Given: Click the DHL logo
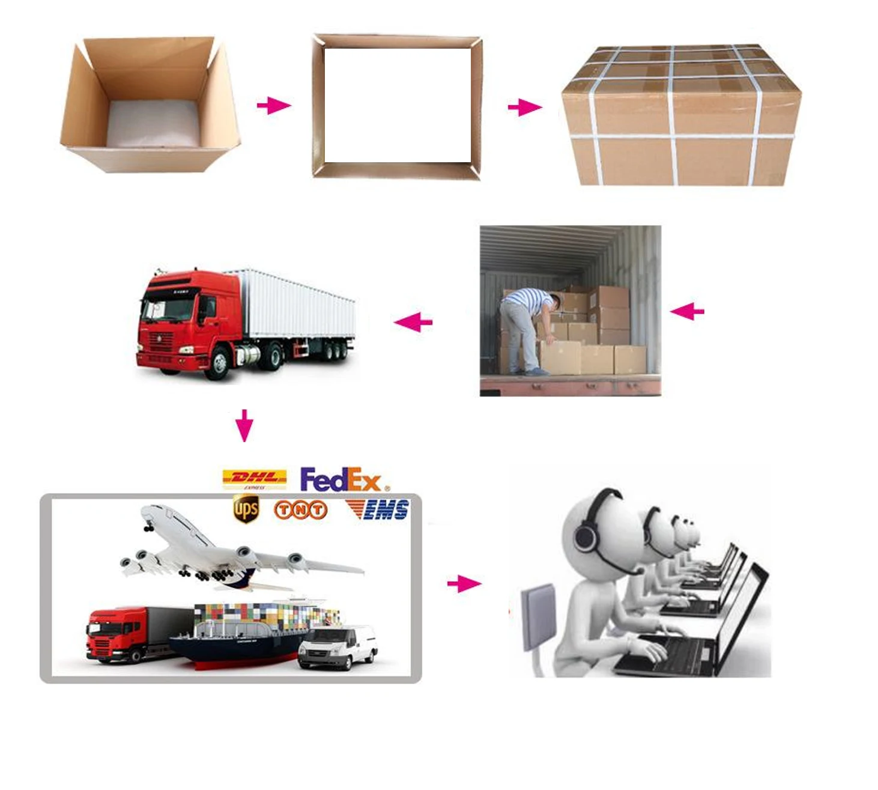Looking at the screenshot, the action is click(x=254, y=479).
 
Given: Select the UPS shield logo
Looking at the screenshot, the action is click(x=246, y=509).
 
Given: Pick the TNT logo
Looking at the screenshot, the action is click(x=300, y=510).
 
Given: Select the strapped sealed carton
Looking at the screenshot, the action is click(x=680, y=116).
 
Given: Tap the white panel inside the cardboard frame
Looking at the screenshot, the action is click(x=398, y=105).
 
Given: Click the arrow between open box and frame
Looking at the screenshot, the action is click(x=274, y=106).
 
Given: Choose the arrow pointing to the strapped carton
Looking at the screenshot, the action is click(x=524, y=108).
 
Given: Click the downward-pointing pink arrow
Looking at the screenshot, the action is click(x=244, y=425).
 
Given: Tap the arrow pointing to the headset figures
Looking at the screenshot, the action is click(x=464, y=583).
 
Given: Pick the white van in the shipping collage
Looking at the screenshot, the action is click(x=338, y=647).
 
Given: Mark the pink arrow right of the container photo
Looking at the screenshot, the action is click(x=687, y=311).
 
